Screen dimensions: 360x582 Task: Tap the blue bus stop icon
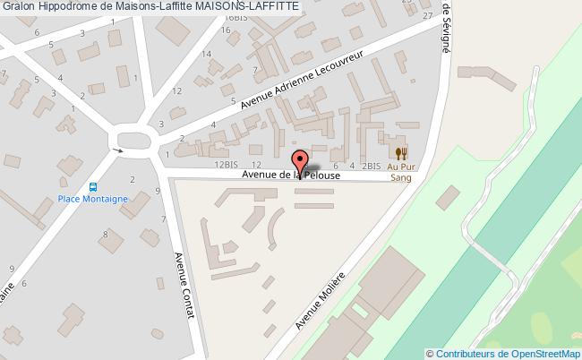93,186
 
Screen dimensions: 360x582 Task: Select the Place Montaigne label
93,199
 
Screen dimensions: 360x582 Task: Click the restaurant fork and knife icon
400,152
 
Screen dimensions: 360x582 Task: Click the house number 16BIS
236,17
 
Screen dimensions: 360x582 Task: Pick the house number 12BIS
224,166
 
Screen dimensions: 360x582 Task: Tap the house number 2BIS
372,167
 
